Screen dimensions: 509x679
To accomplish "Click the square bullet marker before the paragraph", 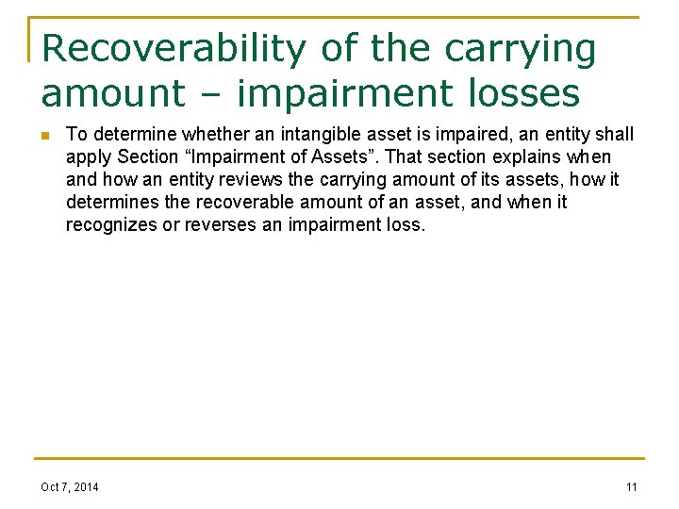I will coord(43,135).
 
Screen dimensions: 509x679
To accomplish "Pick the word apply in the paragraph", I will coord(89,156).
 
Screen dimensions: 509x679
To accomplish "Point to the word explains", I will coord(520,156).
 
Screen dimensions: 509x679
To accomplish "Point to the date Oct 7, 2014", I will coord(69,486).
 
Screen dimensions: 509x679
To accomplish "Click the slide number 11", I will coord(631,486).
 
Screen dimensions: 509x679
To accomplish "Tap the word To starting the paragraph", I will coord(76,134).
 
